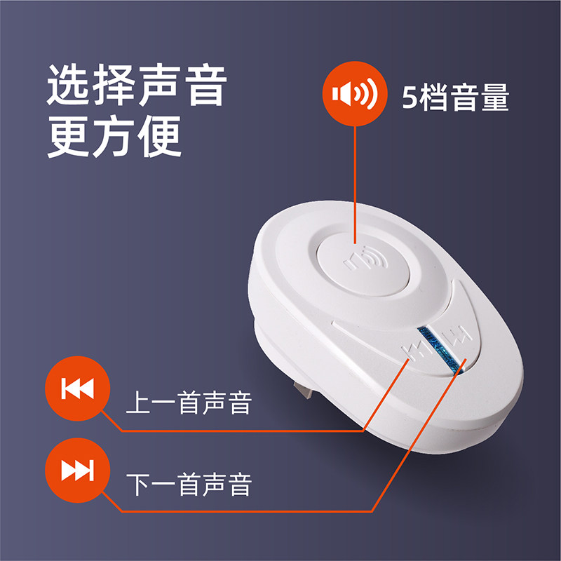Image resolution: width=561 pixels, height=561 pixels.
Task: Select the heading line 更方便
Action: click(x=114, y=138)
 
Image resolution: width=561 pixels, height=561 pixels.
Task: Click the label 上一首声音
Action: click(x=189, y=403)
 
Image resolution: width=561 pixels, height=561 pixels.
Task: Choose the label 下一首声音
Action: click(x=189, y=485)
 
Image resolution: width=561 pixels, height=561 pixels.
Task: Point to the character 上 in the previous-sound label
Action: click(x=138, y=403)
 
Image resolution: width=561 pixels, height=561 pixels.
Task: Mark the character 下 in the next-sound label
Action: click(x=138, y=485)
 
